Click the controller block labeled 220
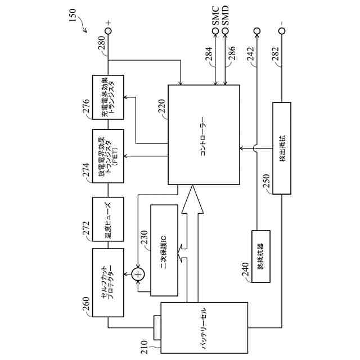tap(204, 135)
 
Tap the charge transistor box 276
tap(107, 96)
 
